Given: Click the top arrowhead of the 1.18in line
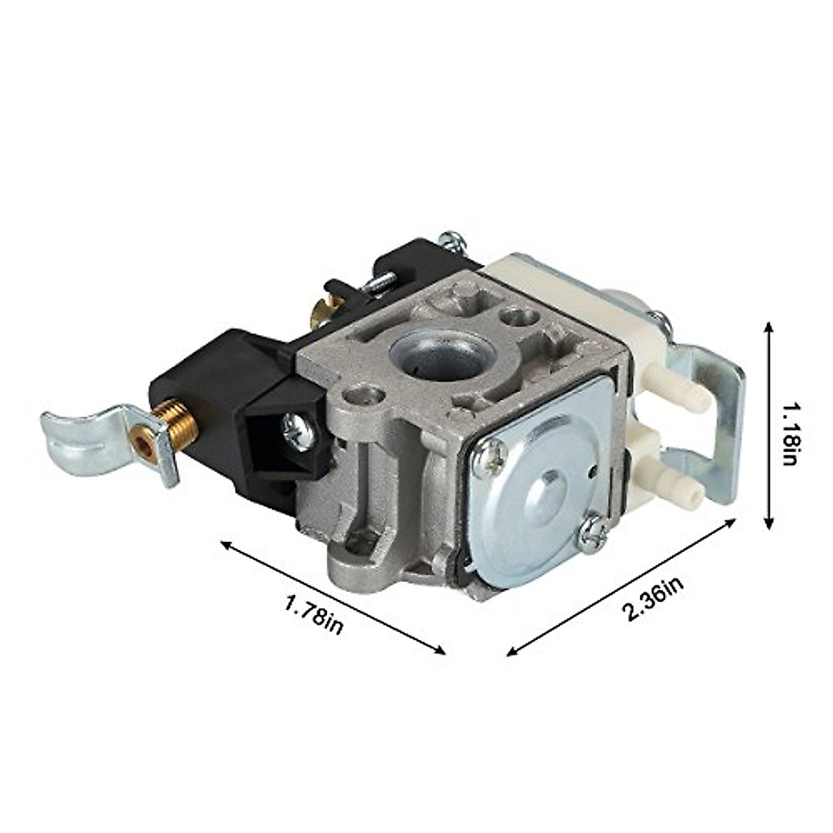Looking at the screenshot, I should tap(768, 326).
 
